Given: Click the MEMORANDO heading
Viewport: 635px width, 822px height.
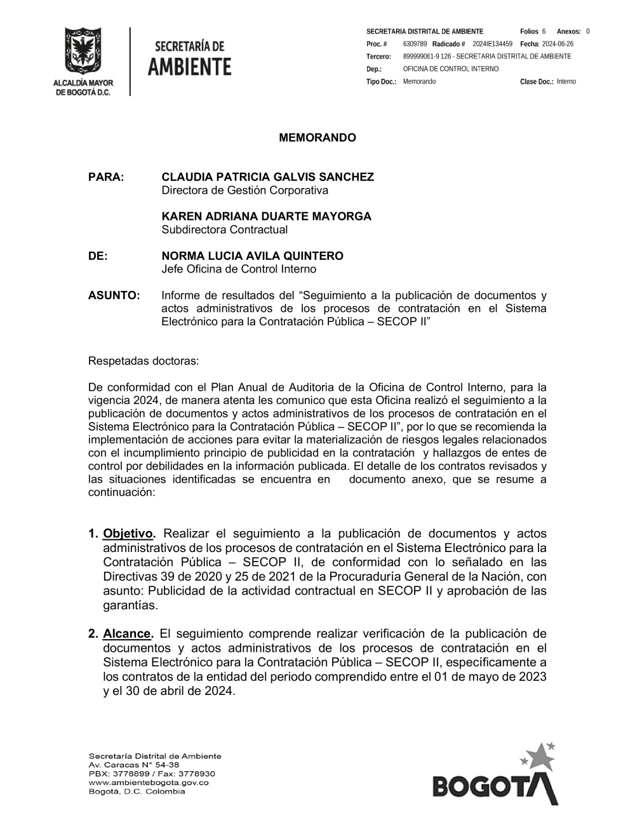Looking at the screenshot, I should (317, 138).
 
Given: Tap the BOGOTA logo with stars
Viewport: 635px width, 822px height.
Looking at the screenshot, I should (495, 776).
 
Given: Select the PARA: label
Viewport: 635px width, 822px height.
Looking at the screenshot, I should (106, 177).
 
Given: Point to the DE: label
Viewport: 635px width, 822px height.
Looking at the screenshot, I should (98, 256).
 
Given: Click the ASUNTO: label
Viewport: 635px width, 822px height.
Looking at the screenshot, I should (114, 295).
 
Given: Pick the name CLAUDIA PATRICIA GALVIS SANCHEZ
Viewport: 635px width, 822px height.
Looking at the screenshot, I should (267, 177).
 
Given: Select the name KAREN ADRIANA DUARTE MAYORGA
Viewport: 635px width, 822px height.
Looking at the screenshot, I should (266, 217).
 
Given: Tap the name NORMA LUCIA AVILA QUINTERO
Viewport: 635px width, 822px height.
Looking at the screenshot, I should (252, 256).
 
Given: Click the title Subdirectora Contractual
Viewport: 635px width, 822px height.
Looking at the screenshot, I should (224, 230).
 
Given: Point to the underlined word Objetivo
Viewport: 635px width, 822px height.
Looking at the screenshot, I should (128, 534).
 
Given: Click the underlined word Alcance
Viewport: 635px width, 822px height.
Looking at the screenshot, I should (128, 634).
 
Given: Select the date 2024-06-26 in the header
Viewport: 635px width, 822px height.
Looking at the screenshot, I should (558, 44).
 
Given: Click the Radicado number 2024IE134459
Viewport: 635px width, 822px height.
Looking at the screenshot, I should (492, 44).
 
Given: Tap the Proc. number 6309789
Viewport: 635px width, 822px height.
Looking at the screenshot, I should (415, 44).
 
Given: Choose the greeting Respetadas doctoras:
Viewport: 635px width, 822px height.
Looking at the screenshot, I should (144, 361).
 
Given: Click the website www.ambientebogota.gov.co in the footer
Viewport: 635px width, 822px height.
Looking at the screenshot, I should (149, 783).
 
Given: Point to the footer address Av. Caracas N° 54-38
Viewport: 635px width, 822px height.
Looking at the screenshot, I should (134, 765).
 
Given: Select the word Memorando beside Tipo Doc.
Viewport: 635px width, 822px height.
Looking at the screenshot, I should (419, 81).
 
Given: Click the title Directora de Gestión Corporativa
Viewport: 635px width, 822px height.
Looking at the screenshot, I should (244, 191).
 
